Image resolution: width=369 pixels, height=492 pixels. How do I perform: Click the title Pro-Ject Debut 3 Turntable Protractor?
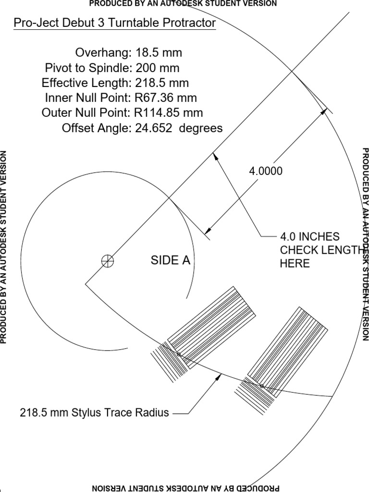[x=115, y=23]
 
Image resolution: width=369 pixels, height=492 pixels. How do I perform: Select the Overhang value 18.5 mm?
[x=159, y=52]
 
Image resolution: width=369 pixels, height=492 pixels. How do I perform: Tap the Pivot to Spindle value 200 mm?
[x=158, y=68]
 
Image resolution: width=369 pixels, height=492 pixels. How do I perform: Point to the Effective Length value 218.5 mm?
[x=162, y=83]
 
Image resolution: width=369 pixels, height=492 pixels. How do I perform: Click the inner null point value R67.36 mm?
[x=166, y=98]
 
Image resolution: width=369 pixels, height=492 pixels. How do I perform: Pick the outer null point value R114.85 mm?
[x=169, y=112]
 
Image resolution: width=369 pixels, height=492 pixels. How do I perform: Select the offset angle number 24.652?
[x=153, y=128]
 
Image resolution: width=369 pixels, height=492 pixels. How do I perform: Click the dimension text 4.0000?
[x=265, y=171]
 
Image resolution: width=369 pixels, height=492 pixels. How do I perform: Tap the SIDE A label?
[x=171, y=260]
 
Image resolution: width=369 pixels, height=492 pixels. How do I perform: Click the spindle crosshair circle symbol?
[x=108, y=261]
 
